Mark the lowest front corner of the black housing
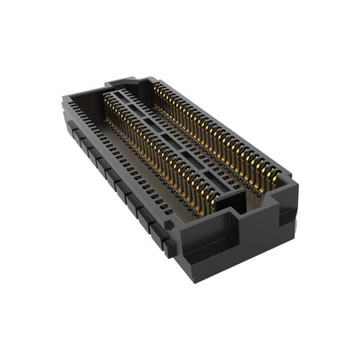click(194, 279)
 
